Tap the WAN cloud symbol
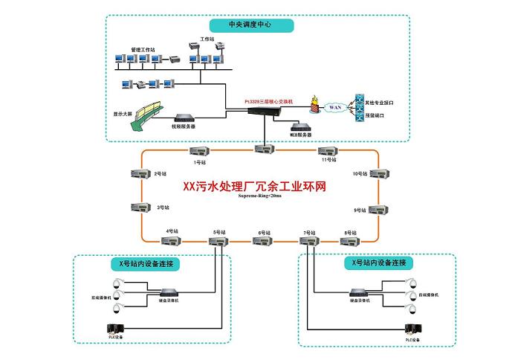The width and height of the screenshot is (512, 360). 334,107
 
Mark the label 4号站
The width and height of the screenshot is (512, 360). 173,231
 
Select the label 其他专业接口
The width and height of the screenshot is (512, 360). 383,101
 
